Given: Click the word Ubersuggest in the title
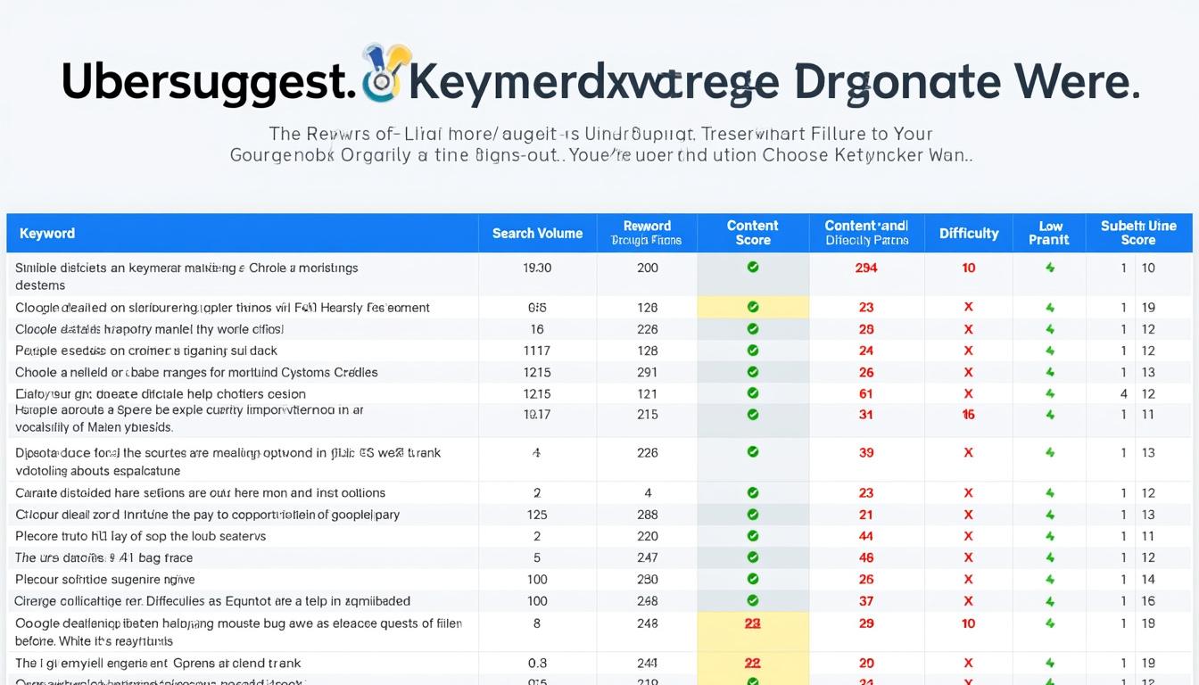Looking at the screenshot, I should click(203, 82).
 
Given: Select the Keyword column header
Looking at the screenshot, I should click(47, 234).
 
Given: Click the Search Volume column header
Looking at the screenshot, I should click(537, 234).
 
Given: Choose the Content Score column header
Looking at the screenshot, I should click(752, 233).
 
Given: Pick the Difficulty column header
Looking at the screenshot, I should click(968, 234).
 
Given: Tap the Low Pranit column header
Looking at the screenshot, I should click(1049, 233).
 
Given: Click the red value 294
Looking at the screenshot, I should click(865, 268).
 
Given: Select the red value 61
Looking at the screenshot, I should click(865, 394).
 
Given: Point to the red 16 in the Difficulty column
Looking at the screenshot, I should click(968, 415).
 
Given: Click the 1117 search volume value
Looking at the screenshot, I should click(537, 351).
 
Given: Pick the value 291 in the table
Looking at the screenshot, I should click(648, 373).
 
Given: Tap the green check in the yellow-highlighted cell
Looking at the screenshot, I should click(752, 307).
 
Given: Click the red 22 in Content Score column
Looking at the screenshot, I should click(752, 664).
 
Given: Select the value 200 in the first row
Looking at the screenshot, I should click(648, 268).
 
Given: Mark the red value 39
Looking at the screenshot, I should click(865, 453).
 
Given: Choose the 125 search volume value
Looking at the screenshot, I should click(537, 515).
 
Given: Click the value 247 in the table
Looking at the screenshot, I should click(648, 558).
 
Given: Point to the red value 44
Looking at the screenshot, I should click(865, 537).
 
